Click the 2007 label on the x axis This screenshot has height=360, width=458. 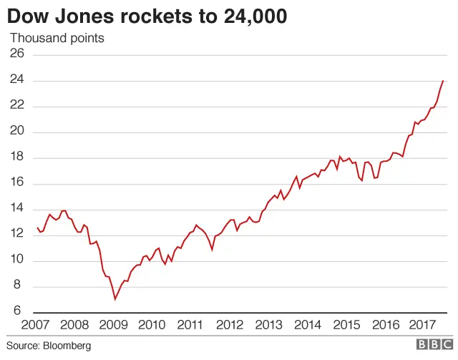(x=36, y=325)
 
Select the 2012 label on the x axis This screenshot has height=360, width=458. (x=229, y=325)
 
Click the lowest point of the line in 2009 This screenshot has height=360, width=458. (x=114, y=298)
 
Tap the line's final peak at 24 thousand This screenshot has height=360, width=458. (x=443, y=81)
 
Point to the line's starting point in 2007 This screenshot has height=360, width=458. (x=37, y=228)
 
